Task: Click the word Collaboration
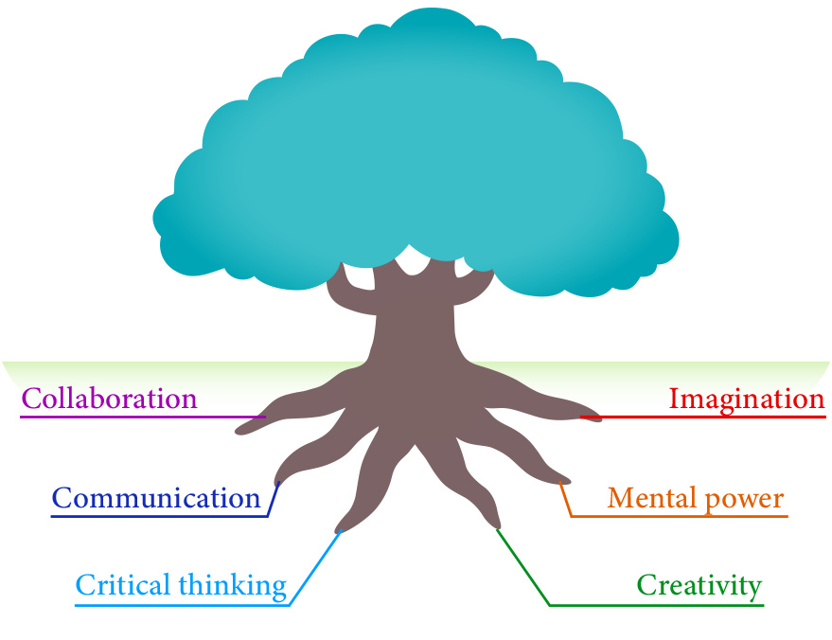[x=109, y=399]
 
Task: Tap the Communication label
[x=155, y=498]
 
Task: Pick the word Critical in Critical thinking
[x=120, y=585]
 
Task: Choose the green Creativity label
[x=699, y=585]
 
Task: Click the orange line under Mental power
[x=682, y=517]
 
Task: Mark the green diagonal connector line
[x=523, y=568]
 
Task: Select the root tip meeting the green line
[x=492, y=521]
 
